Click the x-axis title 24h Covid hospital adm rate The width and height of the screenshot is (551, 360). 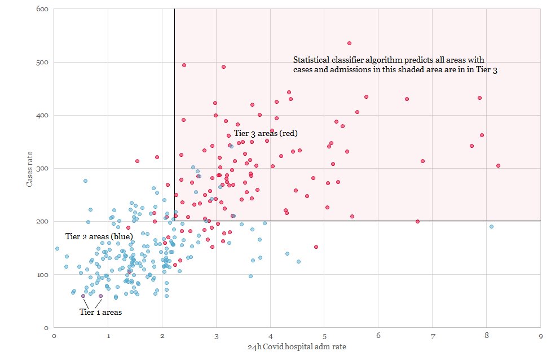point(297,347)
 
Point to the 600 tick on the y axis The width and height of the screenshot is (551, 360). point(42,10)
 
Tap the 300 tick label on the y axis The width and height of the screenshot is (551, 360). point(42,169)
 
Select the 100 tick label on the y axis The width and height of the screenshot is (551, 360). point(42,275)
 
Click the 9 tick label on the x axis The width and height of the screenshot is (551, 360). point(541,336)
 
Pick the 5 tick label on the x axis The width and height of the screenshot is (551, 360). point(324,336)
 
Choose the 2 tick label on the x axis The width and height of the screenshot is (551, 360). point(162,336)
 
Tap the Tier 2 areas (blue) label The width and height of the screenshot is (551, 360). point(99,236)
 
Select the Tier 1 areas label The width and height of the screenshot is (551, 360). point(100,311)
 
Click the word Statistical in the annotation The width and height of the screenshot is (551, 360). point(311,60)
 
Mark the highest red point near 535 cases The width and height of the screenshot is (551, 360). point(349,43)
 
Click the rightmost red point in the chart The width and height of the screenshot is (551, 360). point(498,165)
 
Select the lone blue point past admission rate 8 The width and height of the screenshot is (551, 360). point(491,226)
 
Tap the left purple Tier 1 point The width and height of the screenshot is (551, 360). point(83,296)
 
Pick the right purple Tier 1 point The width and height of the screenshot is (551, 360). point(101,296)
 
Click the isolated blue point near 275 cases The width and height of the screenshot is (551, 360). point(85,181)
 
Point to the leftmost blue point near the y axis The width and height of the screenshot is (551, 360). point(57,248)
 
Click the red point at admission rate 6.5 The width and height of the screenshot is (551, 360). point(406,99)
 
